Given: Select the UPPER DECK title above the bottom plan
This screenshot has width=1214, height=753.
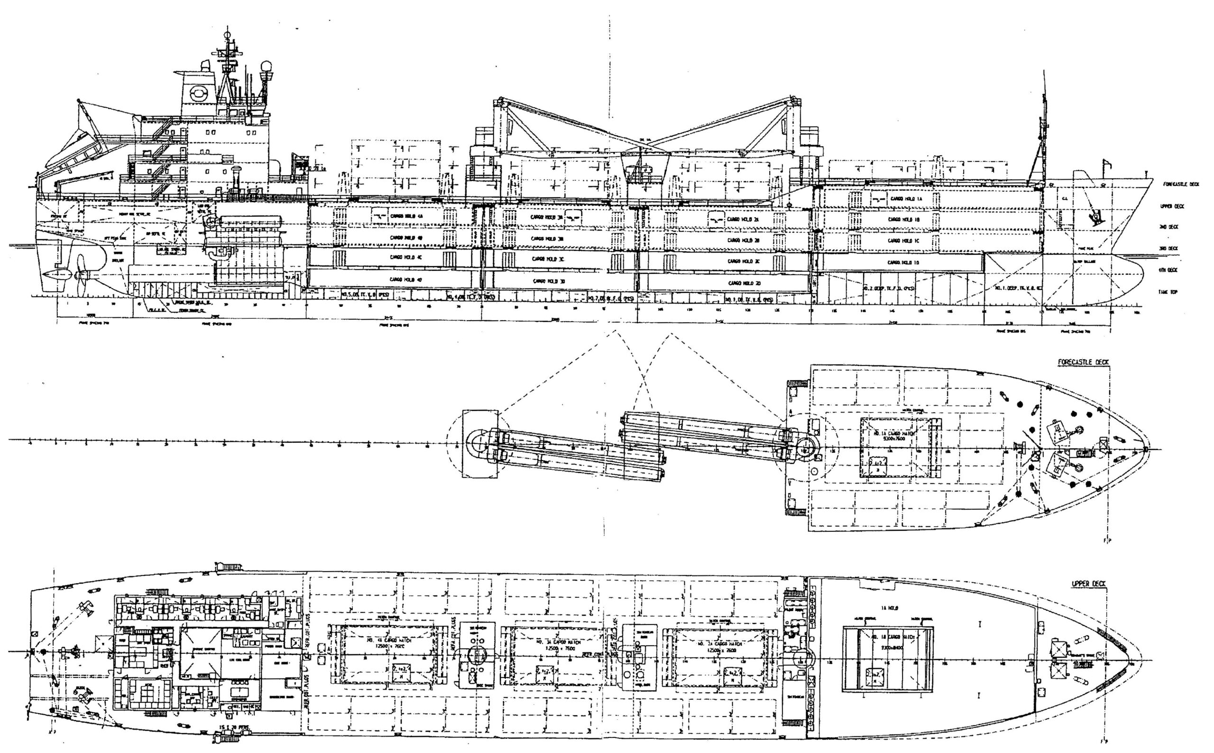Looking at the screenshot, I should [x=1088, y=583].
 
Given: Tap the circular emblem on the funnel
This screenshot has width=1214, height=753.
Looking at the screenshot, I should [x=199, y=91].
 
